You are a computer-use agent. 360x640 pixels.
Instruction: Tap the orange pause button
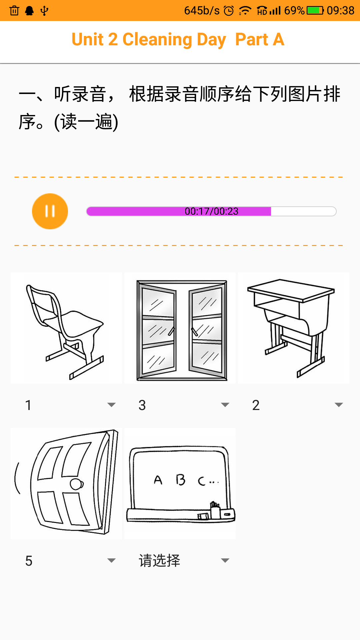pyautogui.click(x=50, y=211)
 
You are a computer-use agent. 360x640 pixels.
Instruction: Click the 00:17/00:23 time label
pyautogui.click(x=211, y=211)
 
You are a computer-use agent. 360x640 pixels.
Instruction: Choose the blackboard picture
pyautogui.click(x=180, y=483)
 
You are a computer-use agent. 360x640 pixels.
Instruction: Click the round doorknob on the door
pyautogui.click(x=76, y=484)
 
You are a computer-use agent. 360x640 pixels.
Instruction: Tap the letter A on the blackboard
pyautogui.click(x=158, y=480)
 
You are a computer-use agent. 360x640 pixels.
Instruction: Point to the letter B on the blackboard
pyautogui.click(x=180, y=480)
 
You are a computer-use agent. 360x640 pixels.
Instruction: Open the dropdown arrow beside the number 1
pyautogui.click(x=111, y=405)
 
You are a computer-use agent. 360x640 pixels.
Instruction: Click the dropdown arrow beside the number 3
pyautogui.click(x=225, y=405)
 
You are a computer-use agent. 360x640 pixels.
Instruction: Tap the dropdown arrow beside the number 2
pyautogui.click(x=339, y=405)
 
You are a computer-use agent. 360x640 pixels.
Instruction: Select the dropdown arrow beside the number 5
pyautogui.click(x=111, y=561)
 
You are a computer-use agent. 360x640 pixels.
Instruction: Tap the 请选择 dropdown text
pyautogui.click(x=159, y=561)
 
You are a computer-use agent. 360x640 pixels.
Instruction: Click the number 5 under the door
pyautogui.click(x=29, y=561)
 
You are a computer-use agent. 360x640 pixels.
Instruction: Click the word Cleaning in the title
pyautogui.click(x=157, y=40)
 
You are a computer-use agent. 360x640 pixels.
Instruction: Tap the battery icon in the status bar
pyautogui.click(x=315, y=11)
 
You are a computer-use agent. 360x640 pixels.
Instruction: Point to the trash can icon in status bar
pyautogui.click(x=14, y=11)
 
